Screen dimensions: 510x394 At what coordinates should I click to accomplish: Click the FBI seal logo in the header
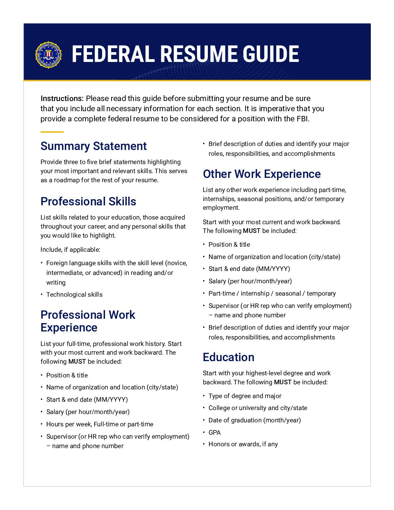(49, 55)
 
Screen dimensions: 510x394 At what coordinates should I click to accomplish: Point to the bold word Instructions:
(62, 99)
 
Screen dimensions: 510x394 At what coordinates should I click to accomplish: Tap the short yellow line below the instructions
(52, 132)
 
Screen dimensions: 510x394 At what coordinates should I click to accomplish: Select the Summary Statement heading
(93, 146)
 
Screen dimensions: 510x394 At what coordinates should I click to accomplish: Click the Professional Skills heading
(88, 201)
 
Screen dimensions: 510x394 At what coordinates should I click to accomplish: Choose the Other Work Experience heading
(261, 174)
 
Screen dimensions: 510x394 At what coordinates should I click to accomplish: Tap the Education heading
(229, 357)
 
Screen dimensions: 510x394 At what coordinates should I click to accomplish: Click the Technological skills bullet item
(74, 294)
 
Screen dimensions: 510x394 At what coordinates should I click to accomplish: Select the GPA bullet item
(214, 432)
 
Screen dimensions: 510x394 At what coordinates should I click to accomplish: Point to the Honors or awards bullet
(243, 444)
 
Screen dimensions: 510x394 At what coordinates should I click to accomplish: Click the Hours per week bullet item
(100, 424)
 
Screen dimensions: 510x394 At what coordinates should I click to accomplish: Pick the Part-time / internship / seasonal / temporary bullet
(272, 293)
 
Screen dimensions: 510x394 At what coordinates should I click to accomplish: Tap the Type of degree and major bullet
(245, 396)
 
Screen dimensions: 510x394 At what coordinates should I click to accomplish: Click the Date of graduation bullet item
(255, 420)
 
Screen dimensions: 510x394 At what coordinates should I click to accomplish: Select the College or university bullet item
(257, 408)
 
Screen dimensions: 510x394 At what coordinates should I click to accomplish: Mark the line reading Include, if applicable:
(70, 250)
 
